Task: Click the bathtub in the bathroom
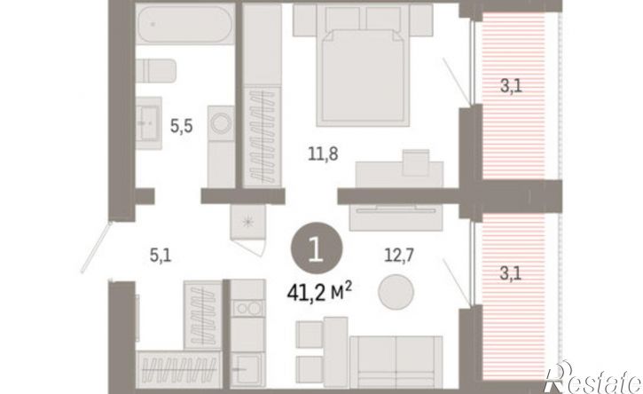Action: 185,24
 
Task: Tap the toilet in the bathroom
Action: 156,71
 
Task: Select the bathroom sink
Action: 148,123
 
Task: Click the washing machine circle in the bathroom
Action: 221,123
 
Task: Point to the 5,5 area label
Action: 182,126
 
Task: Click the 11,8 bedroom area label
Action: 323,154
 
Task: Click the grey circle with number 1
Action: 316,248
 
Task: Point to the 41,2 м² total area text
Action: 319,292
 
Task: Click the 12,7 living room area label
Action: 399,256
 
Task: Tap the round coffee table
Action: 396,291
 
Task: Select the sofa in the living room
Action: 396,362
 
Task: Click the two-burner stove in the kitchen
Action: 247,308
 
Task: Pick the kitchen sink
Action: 247,369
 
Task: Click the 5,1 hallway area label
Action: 161,256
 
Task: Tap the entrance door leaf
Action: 97,247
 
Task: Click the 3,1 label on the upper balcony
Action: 512,86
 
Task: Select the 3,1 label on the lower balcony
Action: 511,273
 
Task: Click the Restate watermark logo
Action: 592,378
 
